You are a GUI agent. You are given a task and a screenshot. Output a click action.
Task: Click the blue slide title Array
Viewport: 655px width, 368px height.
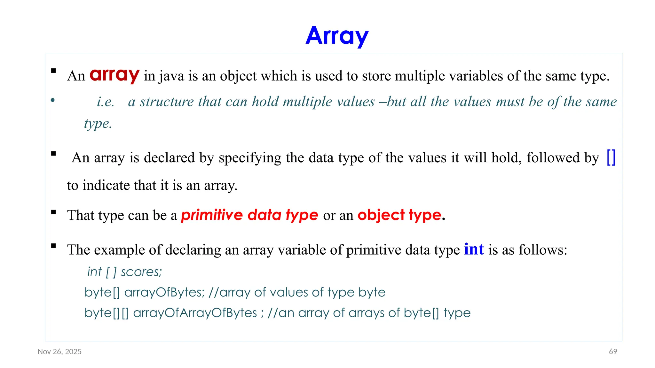[x=337, y=36]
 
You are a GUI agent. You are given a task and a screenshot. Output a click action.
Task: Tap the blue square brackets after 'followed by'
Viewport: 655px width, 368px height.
[x=611, y=157]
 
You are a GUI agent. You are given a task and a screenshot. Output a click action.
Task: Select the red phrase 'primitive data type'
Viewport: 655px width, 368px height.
[x=249, y=215]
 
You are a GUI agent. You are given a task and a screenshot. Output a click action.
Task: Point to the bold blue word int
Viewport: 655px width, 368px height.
[x=474, y=249]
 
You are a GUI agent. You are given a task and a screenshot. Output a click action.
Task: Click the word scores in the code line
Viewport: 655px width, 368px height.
[x=141, y=272]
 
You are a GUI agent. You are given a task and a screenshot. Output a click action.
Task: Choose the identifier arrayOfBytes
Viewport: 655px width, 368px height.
[x=164, y=292]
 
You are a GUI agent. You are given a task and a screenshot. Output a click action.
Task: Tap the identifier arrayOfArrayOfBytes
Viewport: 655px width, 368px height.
[x=195, y=313]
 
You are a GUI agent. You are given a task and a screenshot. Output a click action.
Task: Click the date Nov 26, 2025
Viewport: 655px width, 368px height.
[x=59, y=351]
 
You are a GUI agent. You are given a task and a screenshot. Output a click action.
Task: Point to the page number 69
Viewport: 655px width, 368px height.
[x=613, y=351]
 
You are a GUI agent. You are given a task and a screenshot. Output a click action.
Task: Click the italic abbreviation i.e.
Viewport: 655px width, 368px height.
[x=106, y=102]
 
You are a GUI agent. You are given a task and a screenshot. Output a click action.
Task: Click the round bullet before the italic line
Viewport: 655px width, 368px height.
[x=53, y=101]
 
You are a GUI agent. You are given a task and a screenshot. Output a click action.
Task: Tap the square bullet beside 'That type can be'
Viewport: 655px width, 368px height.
[x=53, y=212]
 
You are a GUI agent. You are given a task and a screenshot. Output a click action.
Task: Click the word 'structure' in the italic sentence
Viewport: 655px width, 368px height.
[x=166, y=102]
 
